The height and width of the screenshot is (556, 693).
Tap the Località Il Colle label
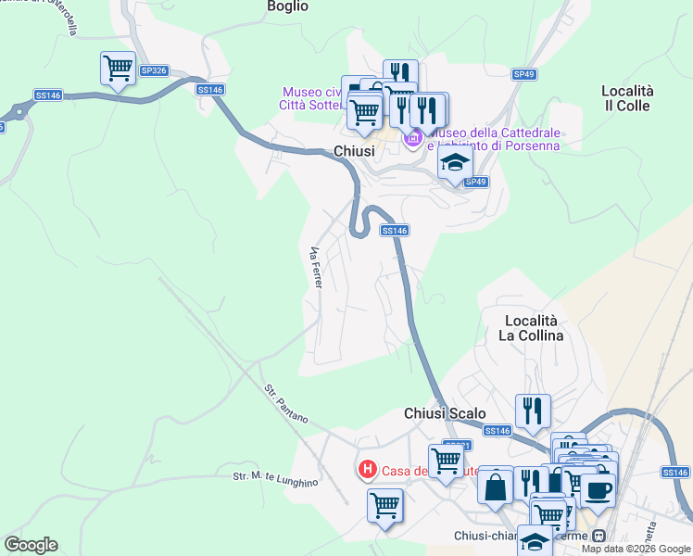(627, 98)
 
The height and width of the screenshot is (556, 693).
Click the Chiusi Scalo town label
(445, 413)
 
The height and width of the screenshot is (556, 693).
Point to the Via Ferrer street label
(315, 267)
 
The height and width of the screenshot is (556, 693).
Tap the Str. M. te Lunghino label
(275, 477)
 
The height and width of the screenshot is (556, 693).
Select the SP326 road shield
(154, 70)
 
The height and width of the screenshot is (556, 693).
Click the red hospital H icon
(368, 470)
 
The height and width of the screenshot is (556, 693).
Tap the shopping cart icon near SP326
(119, 68)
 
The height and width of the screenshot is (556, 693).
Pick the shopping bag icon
(496, 484)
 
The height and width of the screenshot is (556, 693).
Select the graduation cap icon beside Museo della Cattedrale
(454, 164)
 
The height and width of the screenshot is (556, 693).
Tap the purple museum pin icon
(412, 139)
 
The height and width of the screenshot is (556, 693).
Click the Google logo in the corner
(31, 545)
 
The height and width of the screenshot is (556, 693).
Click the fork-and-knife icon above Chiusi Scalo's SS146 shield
(533, 410)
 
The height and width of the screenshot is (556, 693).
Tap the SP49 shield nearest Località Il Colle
(524, 74)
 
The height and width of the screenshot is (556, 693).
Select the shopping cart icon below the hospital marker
(384, 506)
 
